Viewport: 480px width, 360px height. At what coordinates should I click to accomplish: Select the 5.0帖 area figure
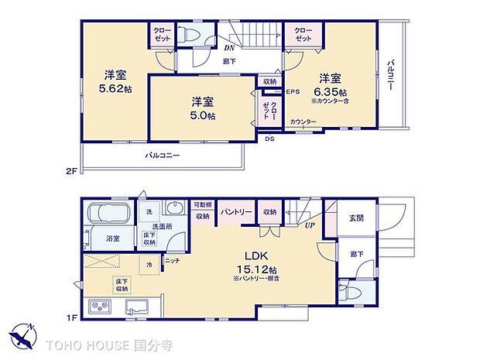(x=204, y=115)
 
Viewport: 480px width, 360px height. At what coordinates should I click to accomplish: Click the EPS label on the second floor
(x=293, y=91)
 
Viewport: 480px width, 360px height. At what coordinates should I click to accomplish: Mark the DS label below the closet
(x=269, y=139)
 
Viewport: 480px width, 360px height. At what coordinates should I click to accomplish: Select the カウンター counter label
(x=303, y=122)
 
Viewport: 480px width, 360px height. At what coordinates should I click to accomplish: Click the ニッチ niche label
(x=173, y=261)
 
